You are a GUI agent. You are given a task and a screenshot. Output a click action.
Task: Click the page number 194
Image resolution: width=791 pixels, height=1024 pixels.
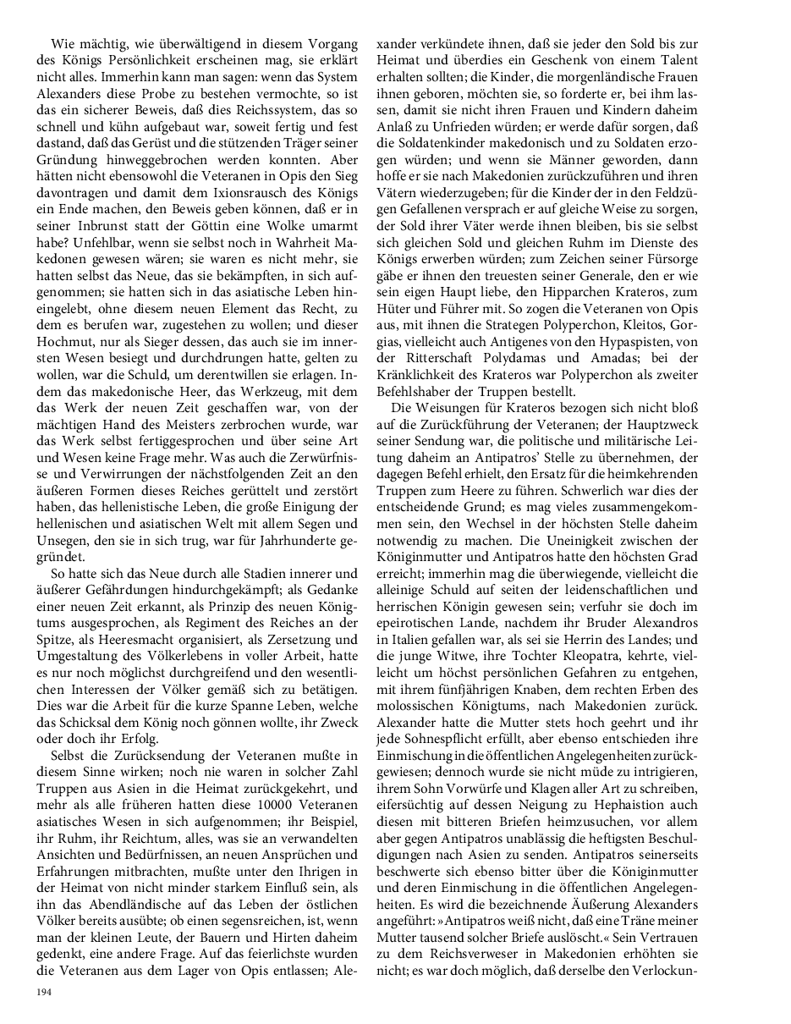point(43,992)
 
